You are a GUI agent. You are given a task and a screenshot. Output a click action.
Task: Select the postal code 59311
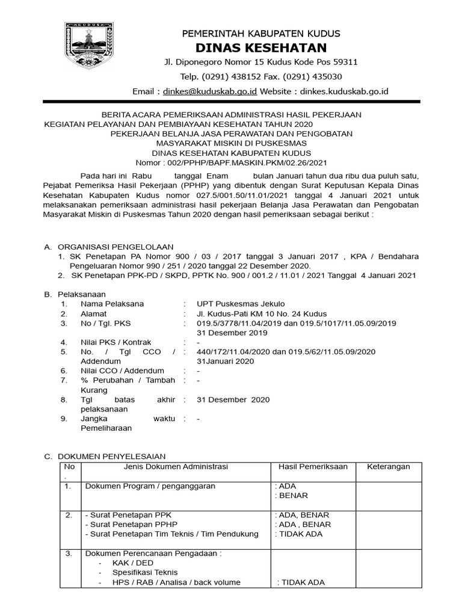[x=345, y=62]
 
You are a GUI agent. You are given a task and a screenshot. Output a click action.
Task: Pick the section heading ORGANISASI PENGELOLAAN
[x=115, y=247]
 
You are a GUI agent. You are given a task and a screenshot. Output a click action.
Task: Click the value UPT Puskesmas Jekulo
[x=241, y=304]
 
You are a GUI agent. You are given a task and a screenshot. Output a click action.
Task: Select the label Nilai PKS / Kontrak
[x=116, y=342]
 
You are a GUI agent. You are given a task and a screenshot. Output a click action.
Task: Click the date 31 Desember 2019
[x=232, y=333]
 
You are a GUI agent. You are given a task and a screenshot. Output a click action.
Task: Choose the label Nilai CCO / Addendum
[x=122, y=371]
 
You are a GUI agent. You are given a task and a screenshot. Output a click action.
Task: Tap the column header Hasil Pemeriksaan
[x=313, y=467]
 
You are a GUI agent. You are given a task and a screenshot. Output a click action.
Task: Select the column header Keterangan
[x=388, y=467]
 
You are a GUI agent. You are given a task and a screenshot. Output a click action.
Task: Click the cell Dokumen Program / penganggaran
[x=150, y=486]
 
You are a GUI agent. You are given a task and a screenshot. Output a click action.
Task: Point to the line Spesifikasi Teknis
[x=145, y=573]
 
